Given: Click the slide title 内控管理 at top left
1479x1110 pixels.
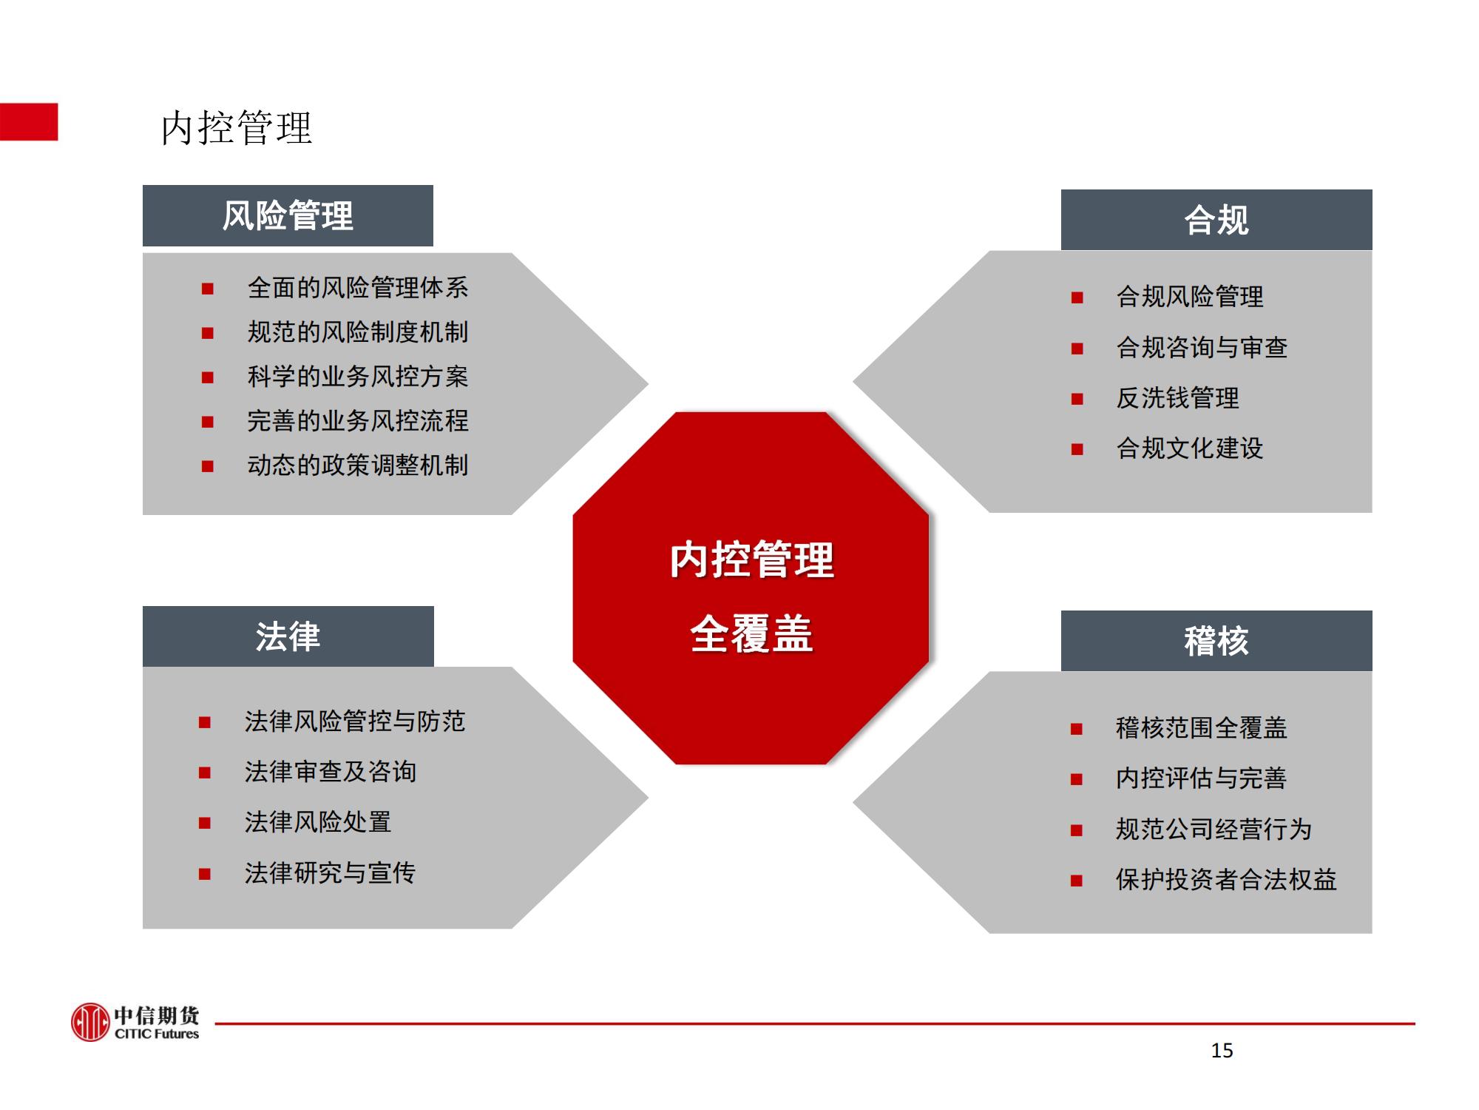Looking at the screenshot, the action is coord(237,127).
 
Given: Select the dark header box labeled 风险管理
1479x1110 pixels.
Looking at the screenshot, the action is coord(288,215).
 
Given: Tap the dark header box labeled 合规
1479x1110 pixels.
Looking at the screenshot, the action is coord(1216,220).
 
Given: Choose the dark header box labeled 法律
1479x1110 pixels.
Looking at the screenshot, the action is coord(288,636).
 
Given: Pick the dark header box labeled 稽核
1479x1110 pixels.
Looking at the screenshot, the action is coord(1216,641).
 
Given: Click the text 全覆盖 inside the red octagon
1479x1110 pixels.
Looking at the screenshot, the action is coord(751,634).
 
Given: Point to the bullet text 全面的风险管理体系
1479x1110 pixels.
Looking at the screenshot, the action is coord(358,288).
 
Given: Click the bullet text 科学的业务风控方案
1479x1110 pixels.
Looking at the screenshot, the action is coord(358,377).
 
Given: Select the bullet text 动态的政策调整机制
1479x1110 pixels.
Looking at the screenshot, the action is coord(358,465).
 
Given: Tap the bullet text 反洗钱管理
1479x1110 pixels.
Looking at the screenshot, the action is coord(1177,398).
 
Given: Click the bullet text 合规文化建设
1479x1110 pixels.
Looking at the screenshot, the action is coord(1190,448).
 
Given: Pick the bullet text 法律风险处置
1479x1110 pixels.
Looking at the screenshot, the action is coord(318,822).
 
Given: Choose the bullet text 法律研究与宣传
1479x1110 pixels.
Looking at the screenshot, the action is coord(330,873).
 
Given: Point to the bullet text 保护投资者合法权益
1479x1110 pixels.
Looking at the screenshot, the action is coord(1226,880).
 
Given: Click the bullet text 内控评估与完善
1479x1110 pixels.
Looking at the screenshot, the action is coord(1201,778).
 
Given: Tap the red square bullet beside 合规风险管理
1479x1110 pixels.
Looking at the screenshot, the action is coord(1077,298).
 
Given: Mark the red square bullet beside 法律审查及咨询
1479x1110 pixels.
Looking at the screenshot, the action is coord(205,773).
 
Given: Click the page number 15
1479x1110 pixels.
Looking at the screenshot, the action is coord(1222,1051).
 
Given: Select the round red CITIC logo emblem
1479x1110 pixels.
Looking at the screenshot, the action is coord(90,1023).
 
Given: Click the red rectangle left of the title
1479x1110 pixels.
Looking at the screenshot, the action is coord(29,122).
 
